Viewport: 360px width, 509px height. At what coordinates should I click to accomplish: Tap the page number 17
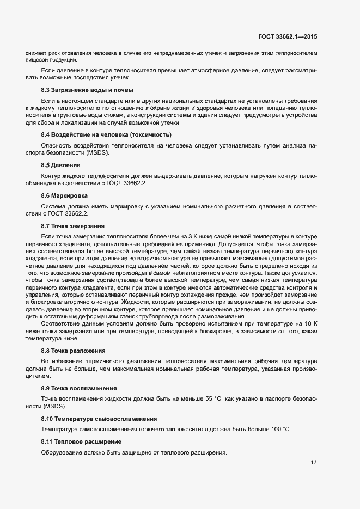pyautogui.click(x=313, y=463)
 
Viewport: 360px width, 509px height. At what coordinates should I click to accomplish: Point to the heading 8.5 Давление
pyautogui.click(x=61, y=164)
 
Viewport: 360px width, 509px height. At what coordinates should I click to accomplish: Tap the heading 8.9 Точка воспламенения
pyautogui.click(x=78, y=388)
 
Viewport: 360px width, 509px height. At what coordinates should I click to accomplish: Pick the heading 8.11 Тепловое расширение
pyautogui.click(x=81, y=441)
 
